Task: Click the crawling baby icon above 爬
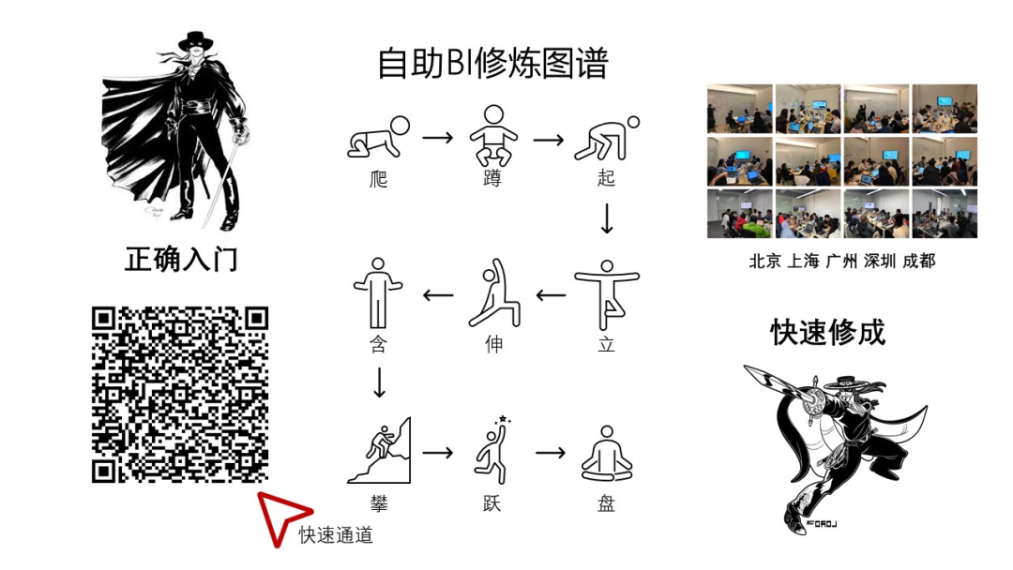[379, 138]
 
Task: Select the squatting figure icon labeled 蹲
[493, 136]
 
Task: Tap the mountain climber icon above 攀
[379, 451]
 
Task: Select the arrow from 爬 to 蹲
[438, 138]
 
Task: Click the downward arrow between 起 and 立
[607, 218]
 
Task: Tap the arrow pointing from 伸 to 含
[438, 295]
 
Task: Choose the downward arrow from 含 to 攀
[379, 382]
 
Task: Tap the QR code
[179, 395]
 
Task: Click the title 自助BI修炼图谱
[493, 63]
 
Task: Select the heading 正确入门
[182, 260]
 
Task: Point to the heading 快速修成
[828, 333]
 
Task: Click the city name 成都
[918, 261]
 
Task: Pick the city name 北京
[765, 261]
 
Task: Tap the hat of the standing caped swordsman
[195, 40]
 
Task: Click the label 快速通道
[336, 535]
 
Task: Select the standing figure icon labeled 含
[379, 293]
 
